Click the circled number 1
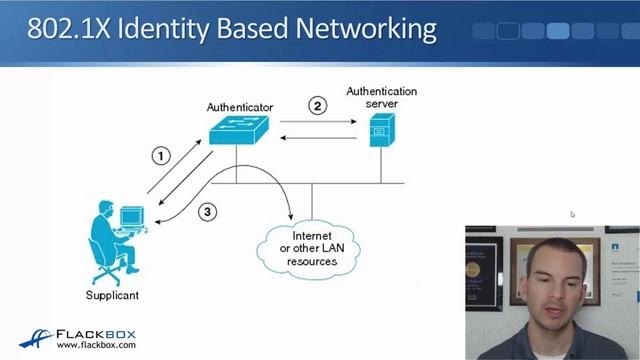(x=161, y=155)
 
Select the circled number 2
(x=318, y=105)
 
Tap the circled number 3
(x=207, y=211)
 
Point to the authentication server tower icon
(x=379, y=131)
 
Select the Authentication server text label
(x=381, y=97)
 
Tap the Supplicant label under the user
(x=112, y=295)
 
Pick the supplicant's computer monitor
(x=131, y=217)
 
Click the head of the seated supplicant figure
(x=103, y=209)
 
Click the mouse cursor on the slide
(x=573, y=214)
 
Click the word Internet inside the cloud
(x=312, y=236)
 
